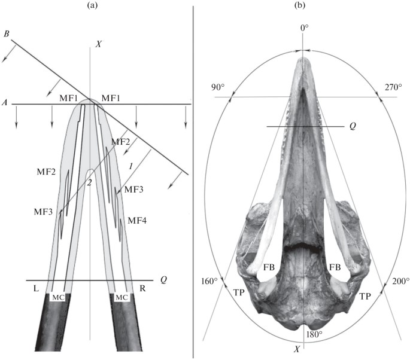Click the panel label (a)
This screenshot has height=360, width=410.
(x=92, y=6)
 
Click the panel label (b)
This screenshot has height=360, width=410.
(x=300, y=6)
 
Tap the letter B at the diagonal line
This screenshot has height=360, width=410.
(x=6, y=34)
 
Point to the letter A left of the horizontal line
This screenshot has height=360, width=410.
(x=4, y=103)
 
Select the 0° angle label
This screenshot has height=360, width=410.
(x=305, y=28)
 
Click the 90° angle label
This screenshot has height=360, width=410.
(x=218, y=87)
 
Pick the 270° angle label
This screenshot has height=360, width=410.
(x=393, y=87)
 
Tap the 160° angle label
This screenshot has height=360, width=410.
(x=209, y=282)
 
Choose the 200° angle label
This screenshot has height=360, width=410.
(x=401, y=281)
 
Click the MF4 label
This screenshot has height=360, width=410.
(x=137, y=221)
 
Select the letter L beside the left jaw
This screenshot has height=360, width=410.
(x=36, y=288)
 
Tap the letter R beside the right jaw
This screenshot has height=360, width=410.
(x=142, y=288)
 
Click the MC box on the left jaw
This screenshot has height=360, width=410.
(x=57, y=298)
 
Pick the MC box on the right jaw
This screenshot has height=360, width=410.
(x=122, y=298)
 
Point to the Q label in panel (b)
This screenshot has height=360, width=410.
(x=353, y=126)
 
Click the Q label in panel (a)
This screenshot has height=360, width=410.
(x=163, y=280)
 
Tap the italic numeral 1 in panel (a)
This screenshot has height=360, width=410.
(x=131, y=166)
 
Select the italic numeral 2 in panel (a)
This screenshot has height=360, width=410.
(x=89, y=182)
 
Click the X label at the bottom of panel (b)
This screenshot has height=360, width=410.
(x=296, y=349)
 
